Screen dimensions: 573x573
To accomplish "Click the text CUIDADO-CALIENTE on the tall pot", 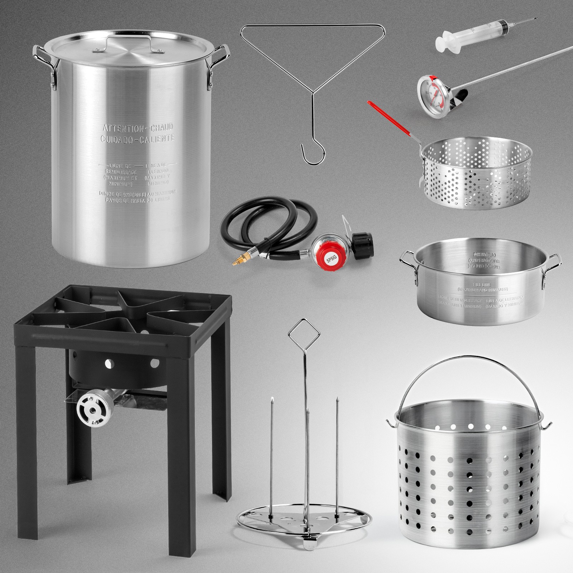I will coord(138,138).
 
